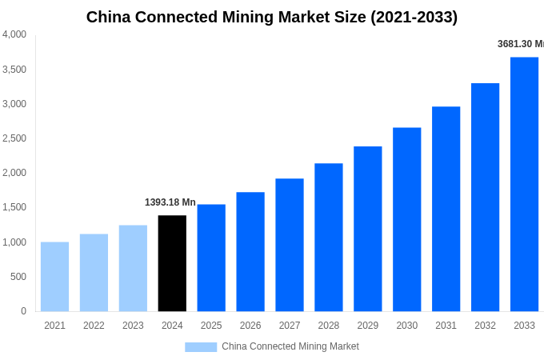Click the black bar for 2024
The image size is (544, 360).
coord(172,263)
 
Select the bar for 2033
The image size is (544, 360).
coord(524,184)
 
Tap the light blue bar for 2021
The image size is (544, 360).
coord(54,277)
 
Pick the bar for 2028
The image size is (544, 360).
coord(328,238)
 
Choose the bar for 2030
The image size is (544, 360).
coord(406,219)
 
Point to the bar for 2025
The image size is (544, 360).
coord(211,258)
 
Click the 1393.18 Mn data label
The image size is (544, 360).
coord(170,202)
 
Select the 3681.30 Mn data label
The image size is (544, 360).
coord(520,44)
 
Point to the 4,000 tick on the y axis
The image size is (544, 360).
coord(14,34)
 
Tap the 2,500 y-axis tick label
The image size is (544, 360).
coord(14,138)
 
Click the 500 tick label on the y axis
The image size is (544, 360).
coord(18,277)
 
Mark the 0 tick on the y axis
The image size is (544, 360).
coord(23,311)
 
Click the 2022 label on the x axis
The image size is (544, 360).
coord(94,326)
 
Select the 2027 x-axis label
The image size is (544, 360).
coord(290,326)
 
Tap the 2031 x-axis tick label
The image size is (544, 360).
coord(446,326)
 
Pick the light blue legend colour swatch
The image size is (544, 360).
coord(201,347)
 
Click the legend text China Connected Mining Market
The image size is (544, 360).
coord(290,346)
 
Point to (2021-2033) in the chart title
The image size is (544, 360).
coord(414,17)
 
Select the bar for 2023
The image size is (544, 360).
coord(133,268)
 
